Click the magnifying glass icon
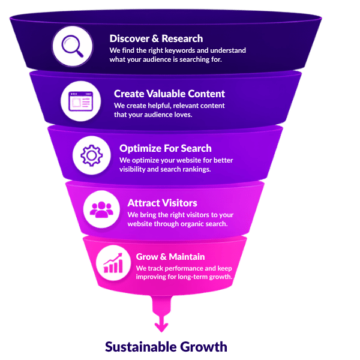[73, 46]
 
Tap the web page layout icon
[81, 101]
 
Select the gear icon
[92, 155]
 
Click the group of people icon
[101, 209]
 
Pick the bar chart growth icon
[113, 263]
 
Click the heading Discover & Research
[156, 38]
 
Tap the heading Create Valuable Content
[169, 94]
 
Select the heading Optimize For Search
[166, 149]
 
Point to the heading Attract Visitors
[163, 203]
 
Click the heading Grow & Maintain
[170, 257]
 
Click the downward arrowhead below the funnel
[161, 327]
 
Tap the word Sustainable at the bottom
[140, 347]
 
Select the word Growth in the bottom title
[203, 347]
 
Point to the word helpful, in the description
[160, 106]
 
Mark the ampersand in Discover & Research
[155, 38]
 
